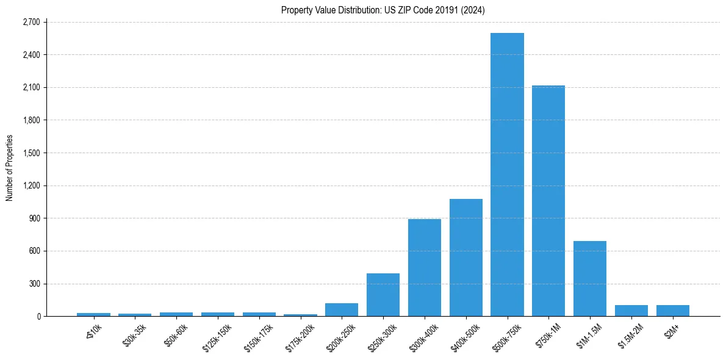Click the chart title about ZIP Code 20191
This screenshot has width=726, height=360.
383,10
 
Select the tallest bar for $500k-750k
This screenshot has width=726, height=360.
507,175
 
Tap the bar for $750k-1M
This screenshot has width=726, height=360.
548,201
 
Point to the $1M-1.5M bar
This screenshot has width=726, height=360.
590,278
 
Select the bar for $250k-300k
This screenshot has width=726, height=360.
383,295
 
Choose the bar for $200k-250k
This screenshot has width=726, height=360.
342,309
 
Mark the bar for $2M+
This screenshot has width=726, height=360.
672,311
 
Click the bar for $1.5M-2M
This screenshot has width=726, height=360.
631,311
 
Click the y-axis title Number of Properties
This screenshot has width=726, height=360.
10,168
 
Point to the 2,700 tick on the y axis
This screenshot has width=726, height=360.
31,22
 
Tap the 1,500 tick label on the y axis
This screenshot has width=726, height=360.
31,153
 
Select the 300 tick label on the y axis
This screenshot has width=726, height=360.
34,284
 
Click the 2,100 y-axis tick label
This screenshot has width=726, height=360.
31,87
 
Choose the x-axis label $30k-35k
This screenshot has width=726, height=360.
135,335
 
